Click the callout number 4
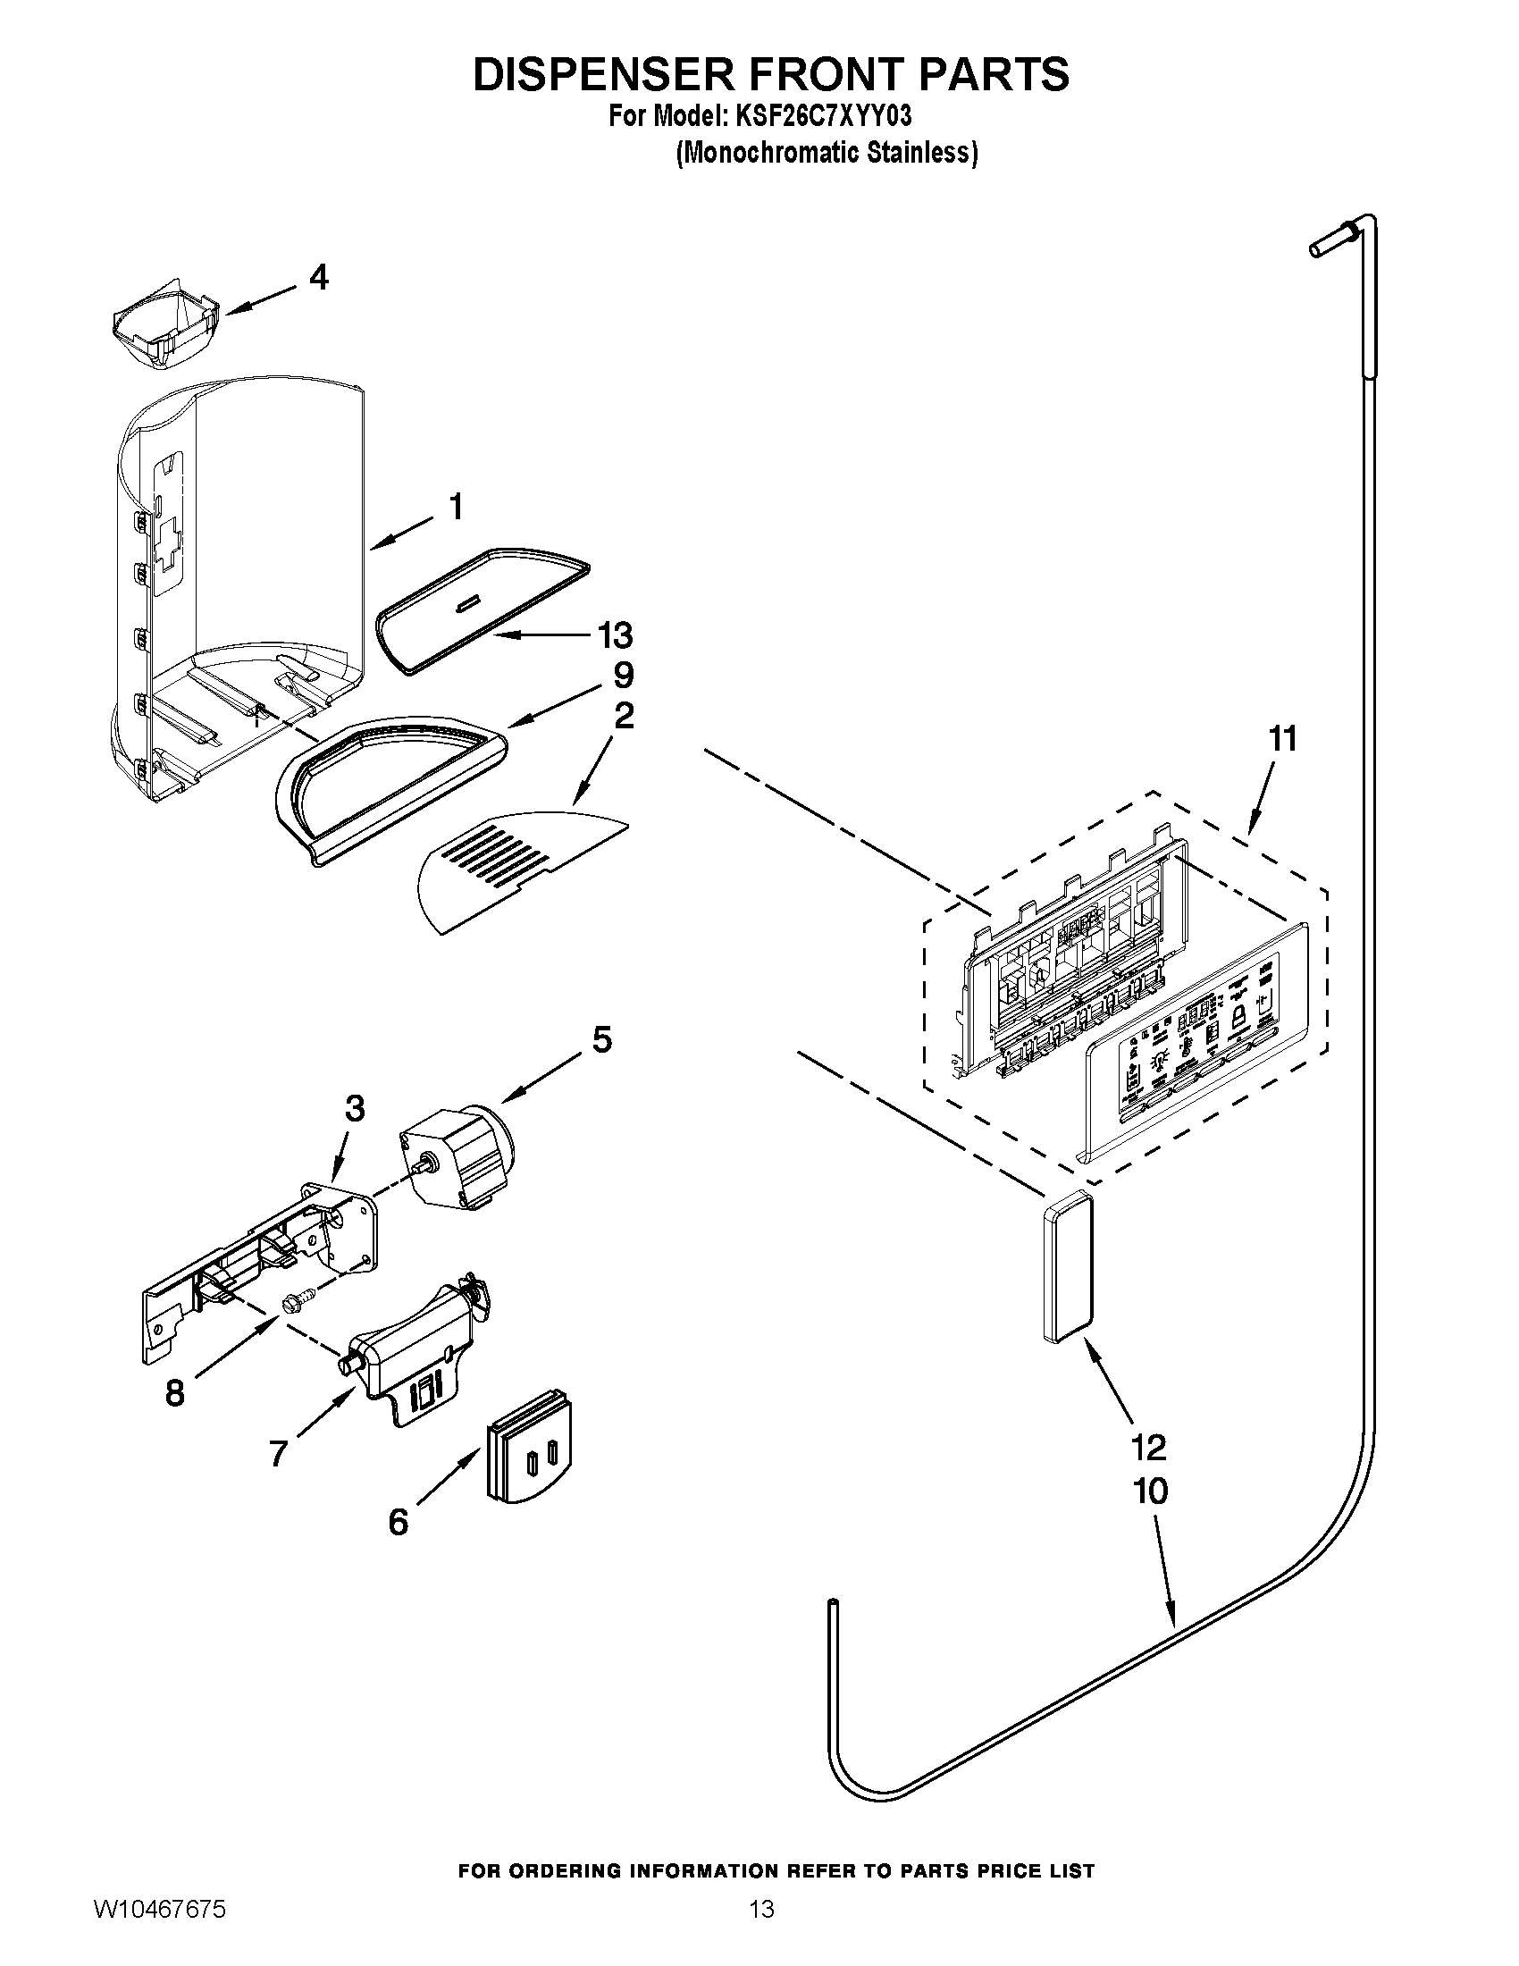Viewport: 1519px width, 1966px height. coord(318,277)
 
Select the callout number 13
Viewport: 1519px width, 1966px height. coord(616,635)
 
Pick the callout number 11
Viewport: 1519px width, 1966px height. coord(1282,739)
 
